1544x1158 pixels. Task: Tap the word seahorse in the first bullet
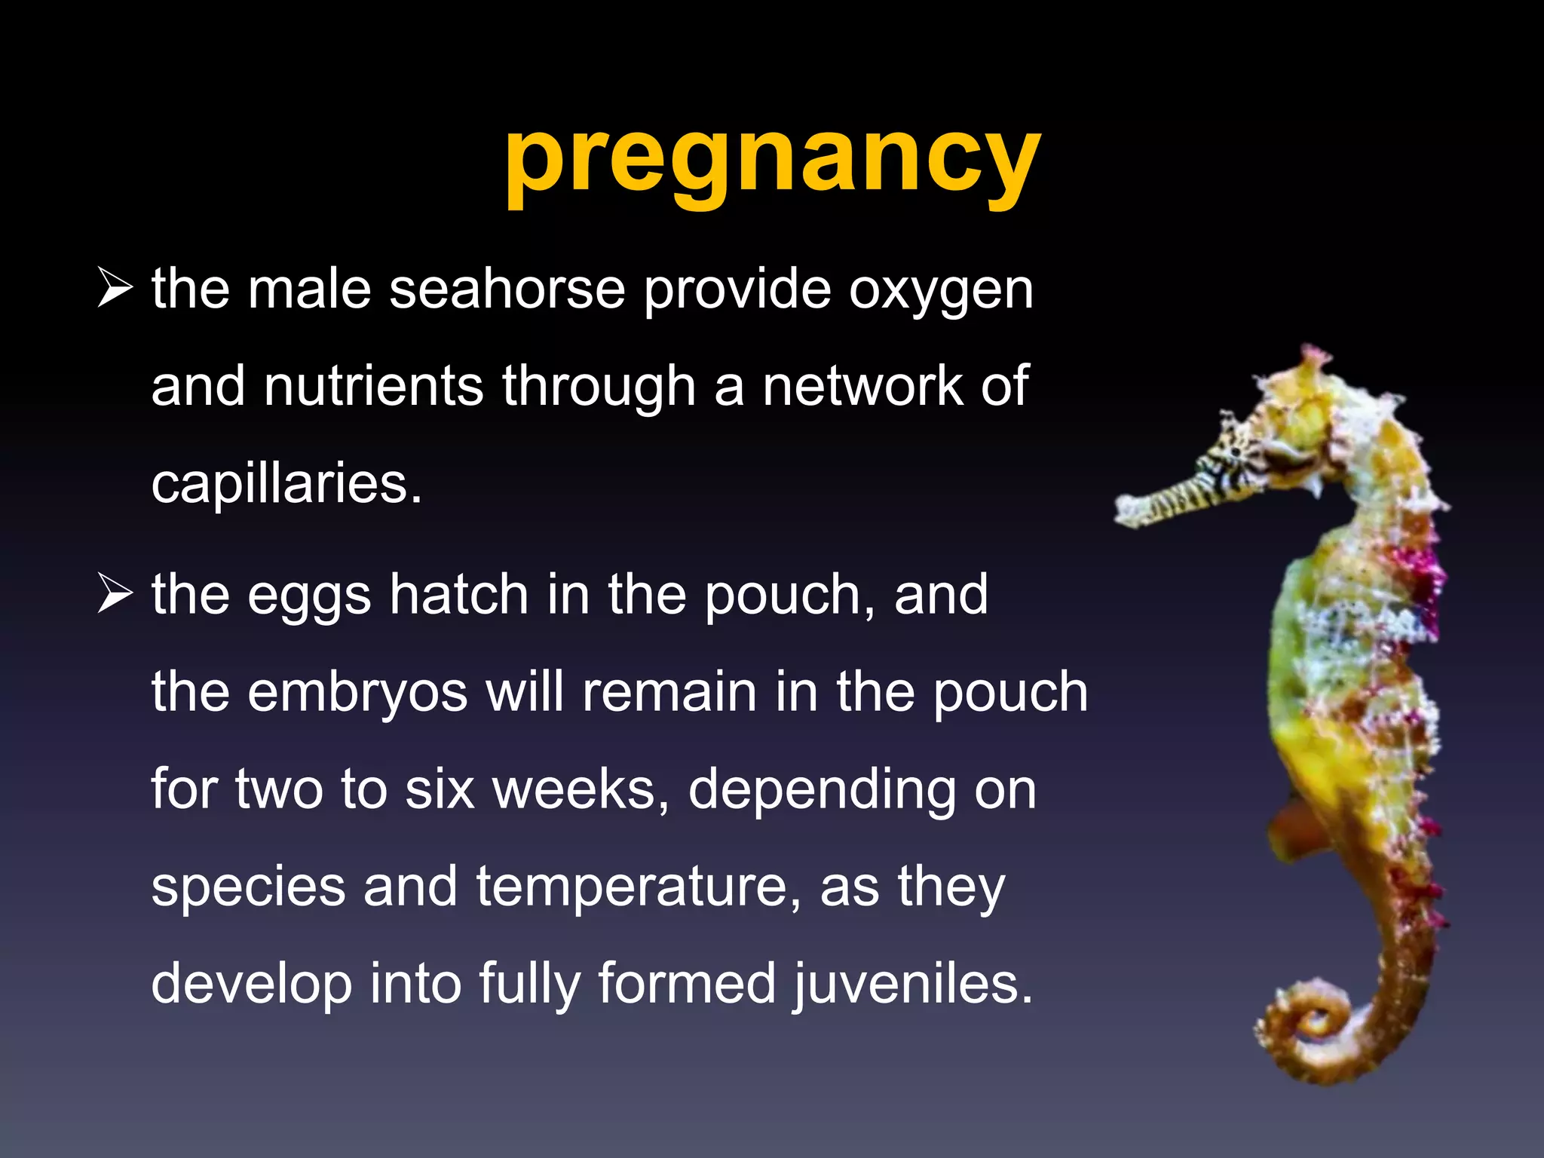click(x=507, y=289)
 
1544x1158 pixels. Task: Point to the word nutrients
click(x=373, y=386)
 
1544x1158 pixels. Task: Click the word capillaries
click(x=286, y=484)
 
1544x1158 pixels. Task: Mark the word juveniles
click(x=912, y=985)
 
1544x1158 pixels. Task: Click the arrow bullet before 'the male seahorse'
click(x=115, y=290)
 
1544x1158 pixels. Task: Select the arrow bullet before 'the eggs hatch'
click(x=115, y=595)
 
